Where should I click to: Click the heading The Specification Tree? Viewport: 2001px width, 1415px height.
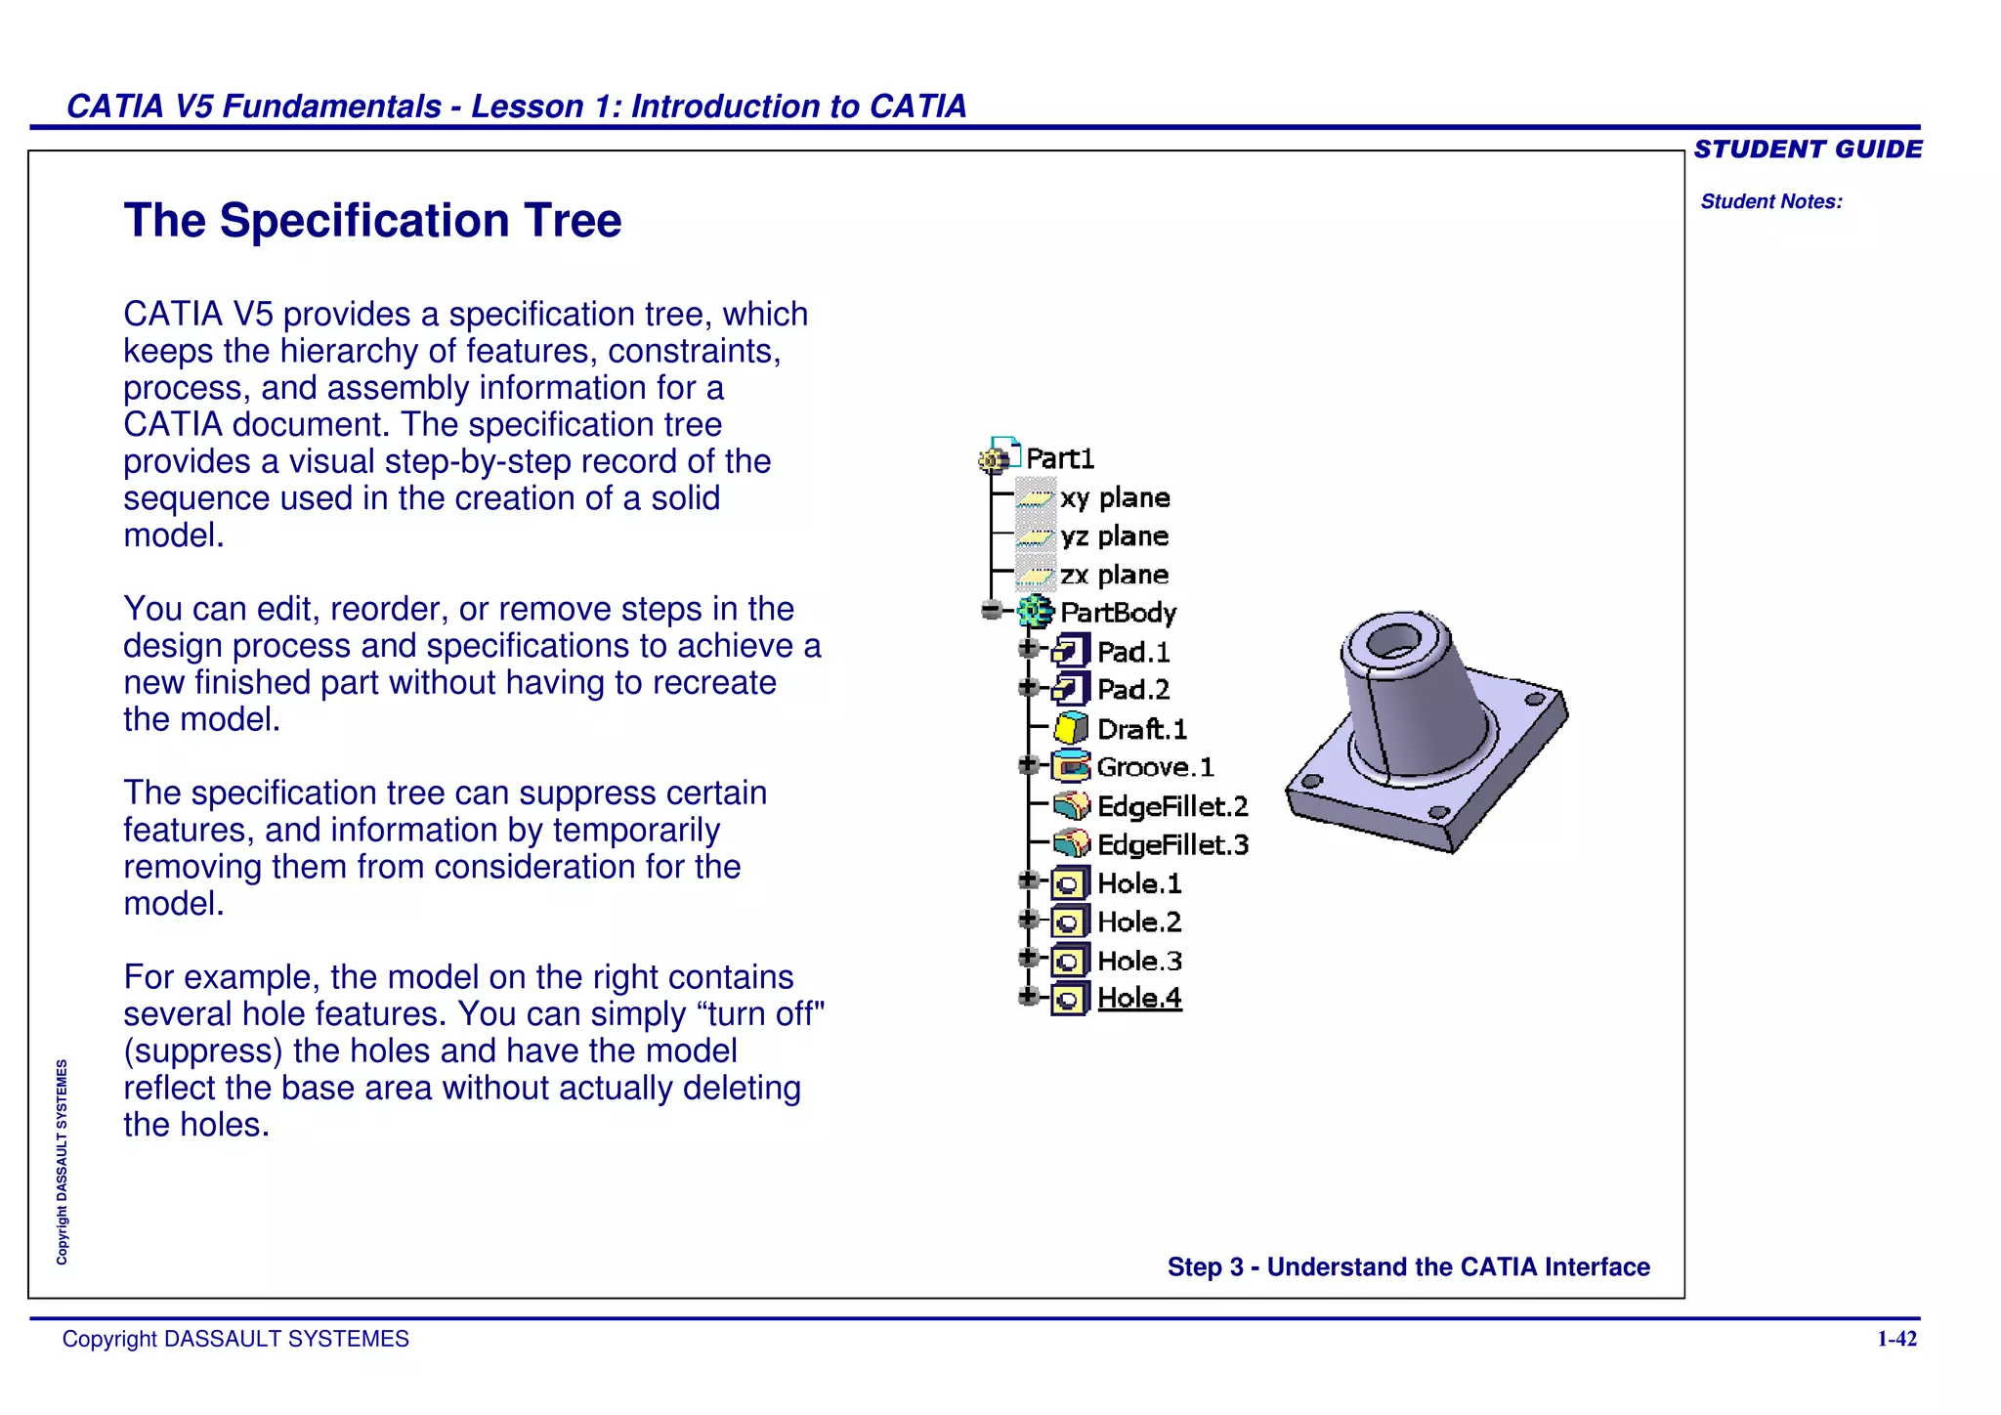point(372,221)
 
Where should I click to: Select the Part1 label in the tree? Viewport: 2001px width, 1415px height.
point(1060,458)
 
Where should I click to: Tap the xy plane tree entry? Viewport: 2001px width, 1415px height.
point(1115,498)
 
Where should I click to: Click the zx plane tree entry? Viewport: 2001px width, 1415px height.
point(1114,575)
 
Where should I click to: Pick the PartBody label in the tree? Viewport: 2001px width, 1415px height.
point(1118,613)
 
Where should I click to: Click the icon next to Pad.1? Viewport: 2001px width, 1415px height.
point(1071,651)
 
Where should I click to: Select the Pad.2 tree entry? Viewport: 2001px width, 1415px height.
point(1132,690)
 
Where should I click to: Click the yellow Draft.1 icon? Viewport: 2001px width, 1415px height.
point(1071,729)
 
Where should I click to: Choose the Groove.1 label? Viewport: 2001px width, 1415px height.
point(1155,767)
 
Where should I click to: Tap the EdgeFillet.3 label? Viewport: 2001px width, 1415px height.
point(1172,844)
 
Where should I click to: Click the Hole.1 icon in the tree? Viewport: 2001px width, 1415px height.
point(1069,884)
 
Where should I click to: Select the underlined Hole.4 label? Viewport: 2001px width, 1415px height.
point(1139,998)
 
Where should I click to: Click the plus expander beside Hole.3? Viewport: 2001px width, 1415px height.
point(1027,958)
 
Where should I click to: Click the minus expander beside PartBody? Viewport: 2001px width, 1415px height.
point(992,611)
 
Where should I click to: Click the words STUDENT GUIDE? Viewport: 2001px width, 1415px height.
point(1808,150)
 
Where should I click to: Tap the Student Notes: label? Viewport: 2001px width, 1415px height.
point(1771,201)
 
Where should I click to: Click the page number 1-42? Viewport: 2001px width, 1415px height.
point(1896,1339)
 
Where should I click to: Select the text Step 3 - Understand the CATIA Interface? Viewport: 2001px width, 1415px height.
point(1408,1267)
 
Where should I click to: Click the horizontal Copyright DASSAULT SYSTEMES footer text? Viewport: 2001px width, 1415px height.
point(235,1339)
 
